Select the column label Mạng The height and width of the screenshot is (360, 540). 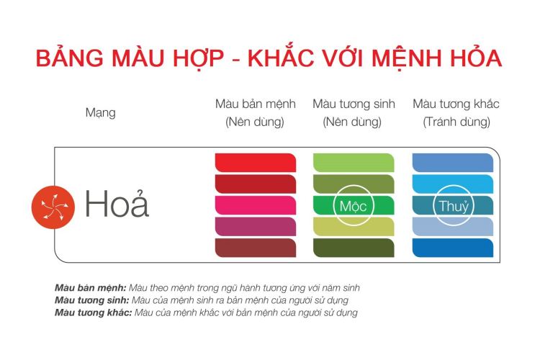coord(100,113)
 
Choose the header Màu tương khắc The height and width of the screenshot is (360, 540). coord(456,104)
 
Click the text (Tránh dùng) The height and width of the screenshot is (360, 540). coord(456,122)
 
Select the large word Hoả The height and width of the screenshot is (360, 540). coord(117,205)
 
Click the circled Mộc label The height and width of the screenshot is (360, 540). coord(353,206)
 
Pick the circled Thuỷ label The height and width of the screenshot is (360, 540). coord(454,206)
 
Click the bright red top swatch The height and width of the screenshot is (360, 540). coord(256,163)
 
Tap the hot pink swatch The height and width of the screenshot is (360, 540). coord(256,205)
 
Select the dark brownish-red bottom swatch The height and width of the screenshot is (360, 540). coord(256,248)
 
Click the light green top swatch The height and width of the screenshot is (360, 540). coord(353,163)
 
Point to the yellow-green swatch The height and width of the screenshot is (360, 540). coord(353,227)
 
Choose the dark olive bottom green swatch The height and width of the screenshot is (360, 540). coord(353,248)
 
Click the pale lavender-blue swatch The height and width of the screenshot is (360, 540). coord(452,227)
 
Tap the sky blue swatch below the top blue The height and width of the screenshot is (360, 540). coord(452,184)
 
